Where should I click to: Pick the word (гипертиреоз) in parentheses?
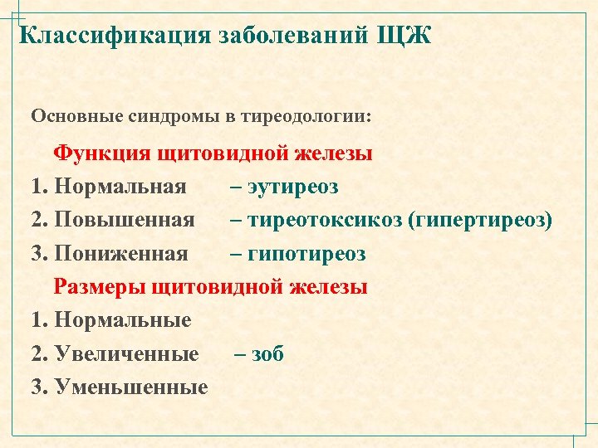click(x=481, y=221)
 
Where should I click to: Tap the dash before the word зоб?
click(x=241, y=354)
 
